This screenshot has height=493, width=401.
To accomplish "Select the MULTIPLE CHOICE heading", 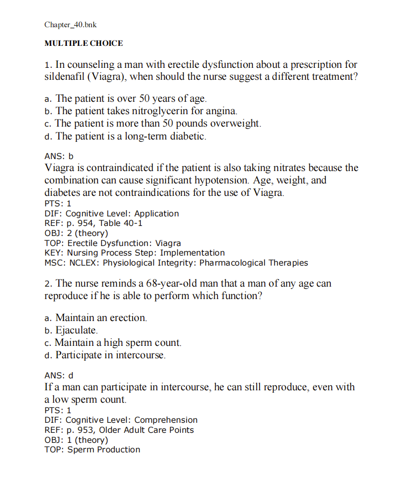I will [84, 43].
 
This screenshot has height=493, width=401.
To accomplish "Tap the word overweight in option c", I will [237, 123].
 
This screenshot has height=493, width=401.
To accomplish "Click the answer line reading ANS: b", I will [59, 156].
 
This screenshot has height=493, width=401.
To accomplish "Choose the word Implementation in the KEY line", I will [192, 253].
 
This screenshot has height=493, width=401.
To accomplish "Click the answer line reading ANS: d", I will [59, 375].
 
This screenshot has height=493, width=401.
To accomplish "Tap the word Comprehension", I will [166, 420].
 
